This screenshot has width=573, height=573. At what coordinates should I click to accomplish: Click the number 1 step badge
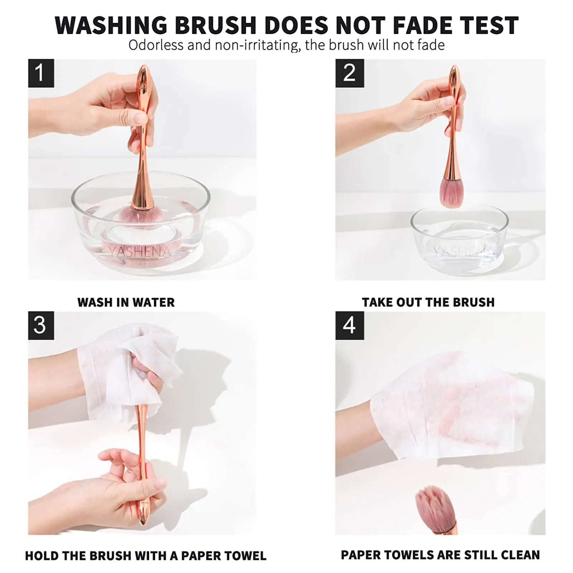coord(41,73)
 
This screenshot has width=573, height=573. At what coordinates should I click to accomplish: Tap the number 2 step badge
coord(349,73)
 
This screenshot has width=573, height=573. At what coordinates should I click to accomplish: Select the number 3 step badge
coord(41,325)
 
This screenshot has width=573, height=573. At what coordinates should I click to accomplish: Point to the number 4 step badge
coord(349,325)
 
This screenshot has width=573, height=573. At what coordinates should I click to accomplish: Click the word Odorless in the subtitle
coord(156,45)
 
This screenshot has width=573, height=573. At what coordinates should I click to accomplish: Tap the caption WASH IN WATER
coord(126,302)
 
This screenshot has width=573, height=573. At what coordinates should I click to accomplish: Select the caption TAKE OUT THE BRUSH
coord(428,302)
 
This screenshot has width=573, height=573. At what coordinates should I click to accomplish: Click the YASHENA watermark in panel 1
coord(140,251)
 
